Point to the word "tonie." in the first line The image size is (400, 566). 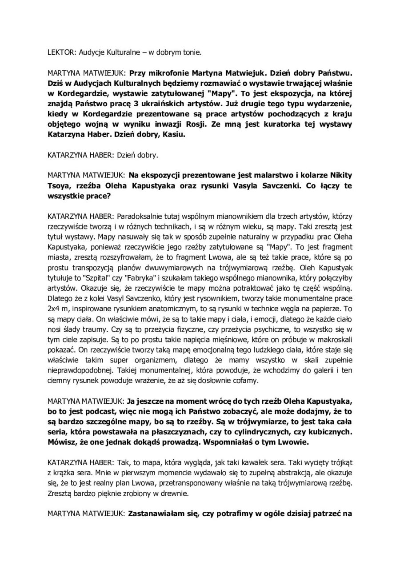192,52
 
